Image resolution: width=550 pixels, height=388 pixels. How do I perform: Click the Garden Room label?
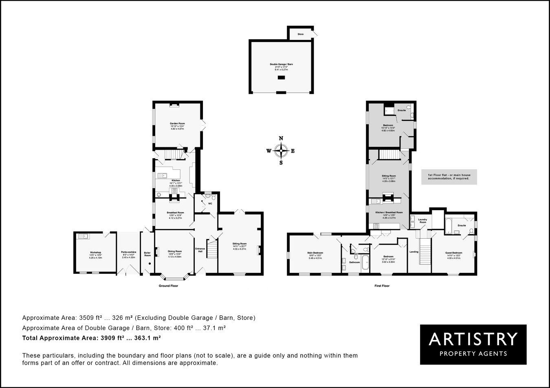[x=178, y=123]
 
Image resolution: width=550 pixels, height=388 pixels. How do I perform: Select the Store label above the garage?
[x=300, y=34]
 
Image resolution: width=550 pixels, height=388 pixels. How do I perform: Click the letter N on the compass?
[x=281, y=138]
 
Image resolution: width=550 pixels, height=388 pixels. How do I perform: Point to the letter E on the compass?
[x=293, y=151]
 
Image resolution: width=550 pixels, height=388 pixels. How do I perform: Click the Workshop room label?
[x=95, y=253]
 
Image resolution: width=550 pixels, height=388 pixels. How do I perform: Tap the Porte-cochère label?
[x=129, y=253]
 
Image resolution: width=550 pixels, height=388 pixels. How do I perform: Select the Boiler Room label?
[x=147, y=254]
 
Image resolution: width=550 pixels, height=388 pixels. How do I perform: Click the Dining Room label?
[x=175, y=251]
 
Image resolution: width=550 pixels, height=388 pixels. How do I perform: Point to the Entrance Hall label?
[x=200, y=250]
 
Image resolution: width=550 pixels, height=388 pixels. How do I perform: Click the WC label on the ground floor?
[x=210, y=203]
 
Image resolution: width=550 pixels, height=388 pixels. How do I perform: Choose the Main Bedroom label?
[x=315, y=253]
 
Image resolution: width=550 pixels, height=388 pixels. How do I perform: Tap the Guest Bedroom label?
[x=453, y=253]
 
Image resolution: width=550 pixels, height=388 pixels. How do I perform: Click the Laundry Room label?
[x=422, y=221]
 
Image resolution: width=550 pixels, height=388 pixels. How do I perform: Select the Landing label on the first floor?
[x=414, y=252]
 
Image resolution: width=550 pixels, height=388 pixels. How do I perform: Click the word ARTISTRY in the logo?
[x=473, y=339]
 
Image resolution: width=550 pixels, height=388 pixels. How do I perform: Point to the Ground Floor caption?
[x=168, y=286]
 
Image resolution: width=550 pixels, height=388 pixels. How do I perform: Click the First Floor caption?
[x=382, y=286]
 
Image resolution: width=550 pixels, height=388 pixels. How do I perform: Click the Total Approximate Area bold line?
[x=91, y=338]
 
